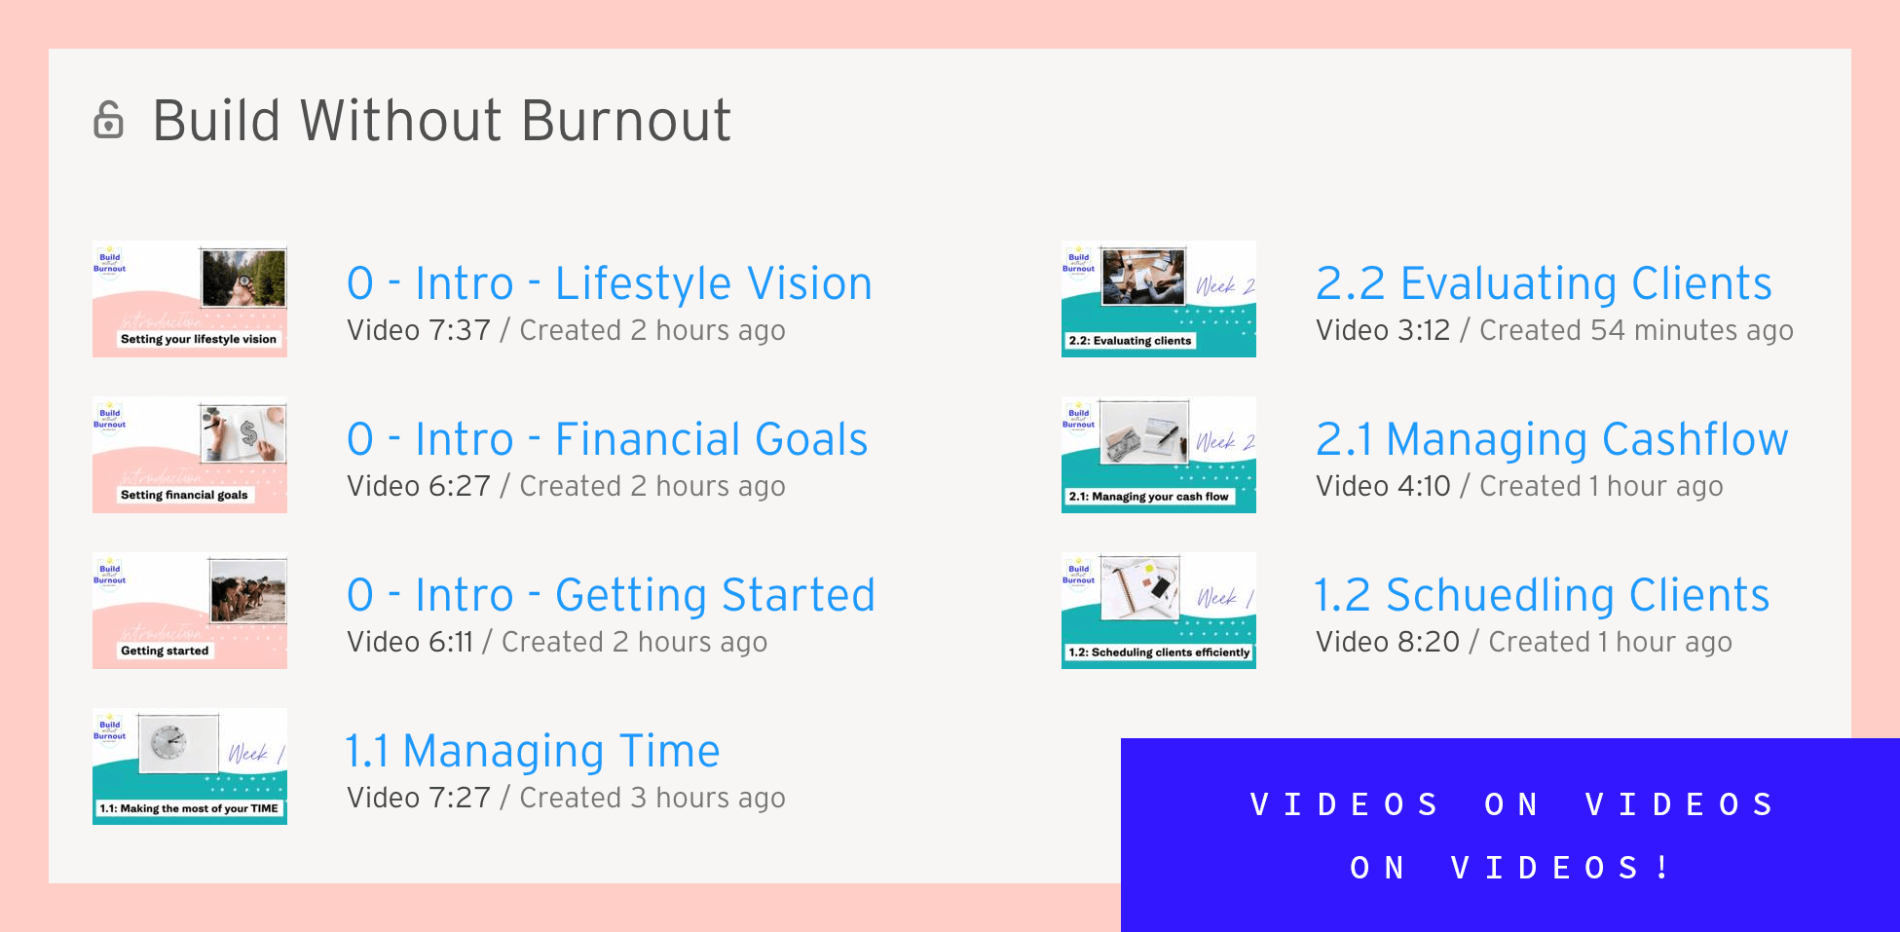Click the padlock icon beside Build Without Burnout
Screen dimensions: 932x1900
(x=108, y=120)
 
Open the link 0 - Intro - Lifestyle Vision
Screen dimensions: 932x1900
(x=609, y=283)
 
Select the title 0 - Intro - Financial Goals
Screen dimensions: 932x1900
(x=607, y=439)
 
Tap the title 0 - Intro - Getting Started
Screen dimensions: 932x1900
(x=611, y=595)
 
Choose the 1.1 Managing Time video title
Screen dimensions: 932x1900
(x=532, y=751)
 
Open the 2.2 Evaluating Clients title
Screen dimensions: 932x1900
(x=1543, y=283)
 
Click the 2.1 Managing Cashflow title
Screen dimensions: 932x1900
(x=1551, y=439)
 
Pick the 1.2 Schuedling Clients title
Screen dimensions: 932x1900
(x=1542, y=595)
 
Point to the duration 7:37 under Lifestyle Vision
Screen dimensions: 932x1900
(x=461, y=330)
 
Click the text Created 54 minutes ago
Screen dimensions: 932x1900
(x=1636, y=330)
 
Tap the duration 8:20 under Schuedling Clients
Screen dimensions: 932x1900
(x=1429, y=642)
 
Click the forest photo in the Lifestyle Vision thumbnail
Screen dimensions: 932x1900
(x=243, y=278)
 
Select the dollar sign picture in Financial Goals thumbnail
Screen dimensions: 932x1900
(x=243, y=433)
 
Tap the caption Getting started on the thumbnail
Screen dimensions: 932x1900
(x=165, y=651)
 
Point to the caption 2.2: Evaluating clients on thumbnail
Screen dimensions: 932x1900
(x=1130, y=341)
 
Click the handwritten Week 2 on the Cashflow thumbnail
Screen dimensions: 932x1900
(x=1225, y=442)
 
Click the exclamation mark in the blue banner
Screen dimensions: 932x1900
(x=1661, y=867)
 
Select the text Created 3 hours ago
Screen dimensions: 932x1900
(x=652, y=798)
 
